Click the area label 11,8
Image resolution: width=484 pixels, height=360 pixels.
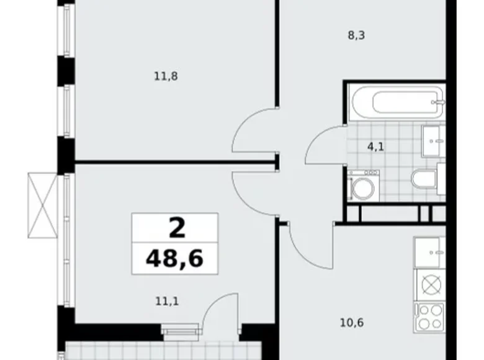point(162,76)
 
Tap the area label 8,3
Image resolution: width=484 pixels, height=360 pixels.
point(356,36)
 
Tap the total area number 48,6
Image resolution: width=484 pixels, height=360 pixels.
point(175,258)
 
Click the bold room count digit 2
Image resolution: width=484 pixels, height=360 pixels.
point(176,228)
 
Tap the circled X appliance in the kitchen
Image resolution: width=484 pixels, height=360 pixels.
point(429,285)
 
